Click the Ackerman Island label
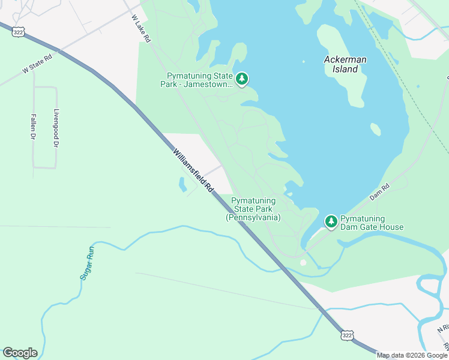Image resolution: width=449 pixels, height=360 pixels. [x=345, y=64]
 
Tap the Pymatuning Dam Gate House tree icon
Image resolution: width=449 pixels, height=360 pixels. [x=331, y=221]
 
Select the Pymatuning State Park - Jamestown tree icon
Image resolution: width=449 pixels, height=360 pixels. [x=242, y=79]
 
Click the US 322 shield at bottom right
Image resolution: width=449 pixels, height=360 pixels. [x=347, y=334]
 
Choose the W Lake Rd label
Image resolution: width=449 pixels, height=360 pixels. [x=142, y=28]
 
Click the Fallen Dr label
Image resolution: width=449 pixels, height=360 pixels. [x=32, y=127]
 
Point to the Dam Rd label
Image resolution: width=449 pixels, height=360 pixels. [x=379, y=191]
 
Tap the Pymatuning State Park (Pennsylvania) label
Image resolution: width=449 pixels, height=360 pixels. [x=253, y=209]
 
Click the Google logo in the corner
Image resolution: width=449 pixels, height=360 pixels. [x=20, y=353]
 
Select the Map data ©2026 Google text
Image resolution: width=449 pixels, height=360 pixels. [x=412, y=355]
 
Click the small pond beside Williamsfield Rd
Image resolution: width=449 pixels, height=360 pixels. [x=182, y=185]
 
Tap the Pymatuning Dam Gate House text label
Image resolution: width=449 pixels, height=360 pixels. [x=372, y=223]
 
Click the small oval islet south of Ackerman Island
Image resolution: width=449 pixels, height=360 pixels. [x=375, y=129]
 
